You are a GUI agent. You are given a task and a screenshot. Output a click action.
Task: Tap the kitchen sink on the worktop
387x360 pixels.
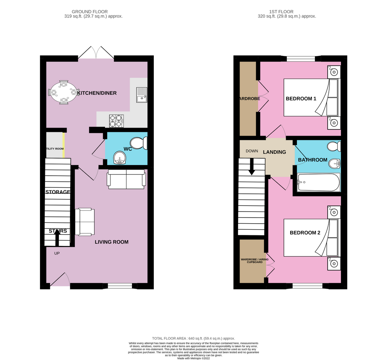[141, 95]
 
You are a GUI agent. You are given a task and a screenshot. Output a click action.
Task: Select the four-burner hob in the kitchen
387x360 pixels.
[116, 120]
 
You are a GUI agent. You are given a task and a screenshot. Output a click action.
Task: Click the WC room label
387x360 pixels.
[128, 149]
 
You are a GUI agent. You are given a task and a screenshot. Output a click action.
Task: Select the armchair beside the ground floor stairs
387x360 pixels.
[85, 222]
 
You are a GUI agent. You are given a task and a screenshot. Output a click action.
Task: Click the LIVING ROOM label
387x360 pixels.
[111, 242]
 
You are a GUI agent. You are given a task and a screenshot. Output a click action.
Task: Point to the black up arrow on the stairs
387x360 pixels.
[57, 236]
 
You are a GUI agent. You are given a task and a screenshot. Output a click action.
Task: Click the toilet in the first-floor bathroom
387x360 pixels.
[334, 146]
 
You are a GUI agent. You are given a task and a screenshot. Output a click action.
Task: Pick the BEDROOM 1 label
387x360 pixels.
[301, 99]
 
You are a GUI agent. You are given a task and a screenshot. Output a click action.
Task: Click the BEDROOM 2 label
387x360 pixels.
[305, 233]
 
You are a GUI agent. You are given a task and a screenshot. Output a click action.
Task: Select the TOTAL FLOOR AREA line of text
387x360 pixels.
[193, 338]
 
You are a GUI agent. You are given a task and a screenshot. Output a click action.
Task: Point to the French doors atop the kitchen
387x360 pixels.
[96, 54]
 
